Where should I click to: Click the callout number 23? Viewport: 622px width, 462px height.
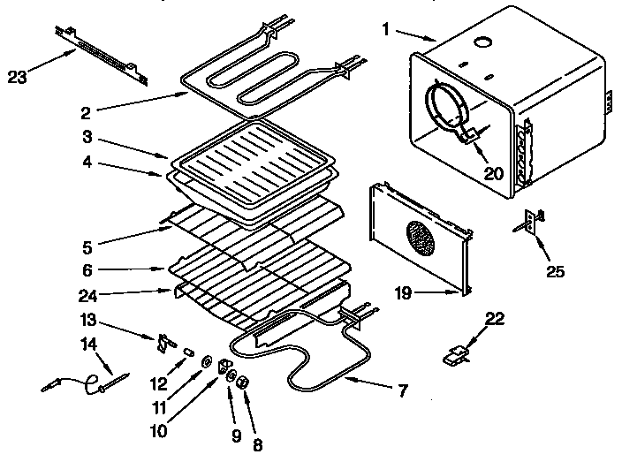pyautogui.click(x=18, y=77)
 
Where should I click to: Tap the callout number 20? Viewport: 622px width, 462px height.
pyautogui.click(x=493, y=173)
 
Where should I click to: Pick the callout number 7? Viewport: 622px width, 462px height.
pyautogui.click(x=403, y=389)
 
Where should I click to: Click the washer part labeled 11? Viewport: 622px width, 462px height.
pyautogui.click(x=205, y=360)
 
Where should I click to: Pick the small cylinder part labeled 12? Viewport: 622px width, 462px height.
pyautogui.click(x=186, y=352)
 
